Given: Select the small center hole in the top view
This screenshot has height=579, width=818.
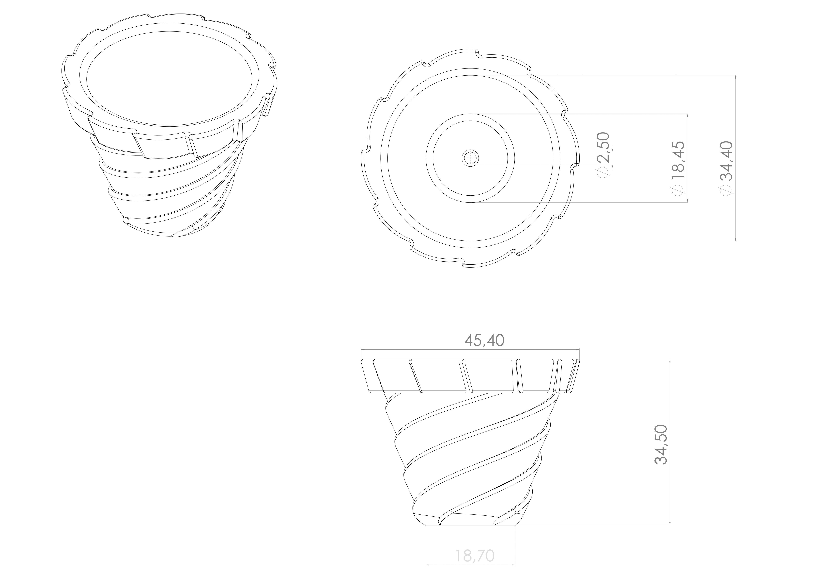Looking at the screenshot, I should coord(470,158).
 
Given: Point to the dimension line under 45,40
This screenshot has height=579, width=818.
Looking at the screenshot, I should coord(470,350).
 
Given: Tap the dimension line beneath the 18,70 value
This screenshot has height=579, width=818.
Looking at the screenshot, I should coord(470,564).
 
